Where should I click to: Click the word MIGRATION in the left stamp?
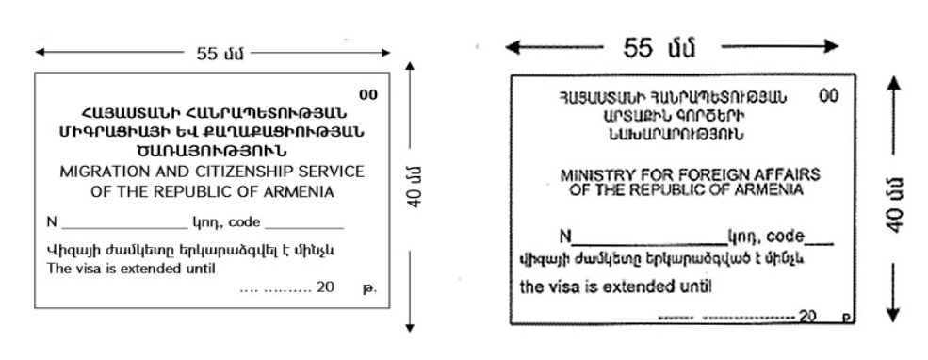[x=99, y=173]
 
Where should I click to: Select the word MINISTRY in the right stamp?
[x=591, y=175]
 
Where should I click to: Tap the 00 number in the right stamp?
[x=828, y=96]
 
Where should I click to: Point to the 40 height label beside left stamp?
[x=426, y=196]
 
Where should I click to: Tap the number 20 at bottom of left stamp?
[x=326, y=286]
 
